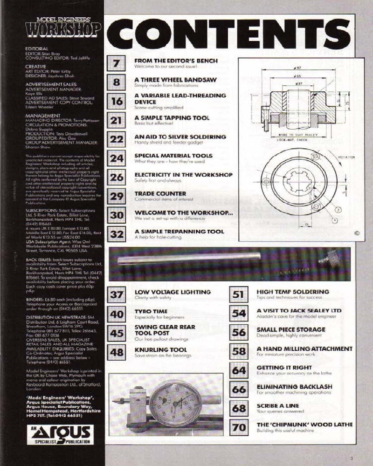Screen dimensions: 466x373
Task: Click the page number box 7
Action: point(117,63)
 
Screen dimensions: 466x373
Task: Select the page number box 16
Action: point(117,101)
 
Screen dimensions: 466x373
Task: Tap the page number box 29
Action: point(117,196)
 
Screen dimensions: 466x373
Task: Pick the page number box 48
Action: point(117,353)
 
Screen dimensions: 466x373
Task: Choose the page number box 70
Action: point(239,427)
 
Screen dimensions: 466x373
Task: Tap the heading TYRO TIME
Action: point(152,311)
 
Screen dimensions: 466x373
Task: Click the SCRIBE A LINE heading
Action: point(278,405)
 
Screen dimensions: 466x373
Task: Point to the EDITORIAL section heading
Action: point(37,48)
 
